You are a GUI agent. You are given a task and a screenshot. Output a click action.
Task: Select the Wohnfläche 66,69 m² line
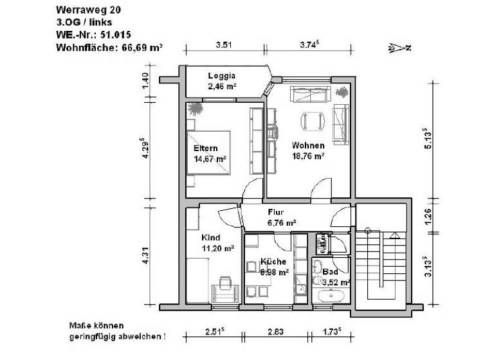pos(109,47)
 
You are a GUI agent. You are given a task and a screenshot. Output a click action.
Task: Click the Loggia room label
pos(222,75)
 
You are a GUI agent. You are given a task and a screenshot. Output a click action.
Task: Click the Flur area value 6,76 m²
pos(282,222)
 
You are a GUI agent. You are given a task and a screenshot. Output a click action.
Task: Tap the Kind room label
pos(210,237)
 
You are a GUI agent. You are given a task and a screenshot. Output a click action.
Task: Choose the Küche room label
pos(273,262)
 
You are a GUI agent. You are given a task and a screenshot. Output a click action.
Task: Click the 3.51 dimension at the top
pos(223,44)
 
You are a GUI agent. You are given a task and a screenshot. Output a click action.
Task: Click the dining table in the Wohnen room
pos(311,120)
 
